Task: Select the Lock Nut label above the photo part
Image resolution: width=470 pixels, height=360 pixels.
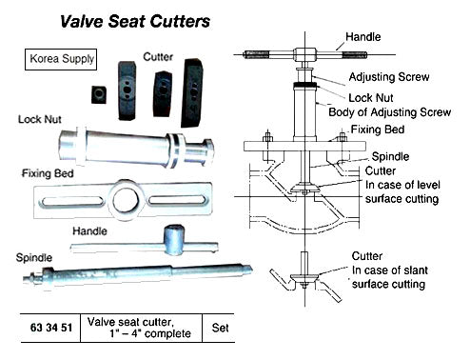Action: (x=39, y=120)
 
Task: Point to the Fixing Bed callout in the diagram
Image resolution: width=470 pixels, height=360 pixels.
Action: (x=378, y=129)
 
